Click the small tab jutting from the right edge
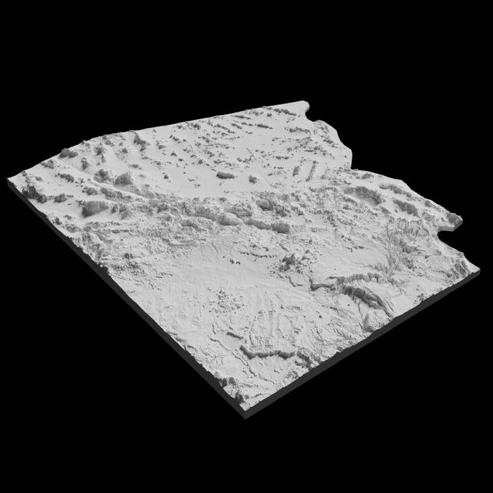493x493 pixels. tap(455, 220)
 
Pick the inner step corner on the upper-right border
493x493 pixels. tap(351, 166)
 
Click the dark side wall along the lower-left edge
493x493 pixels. tap(123, 301)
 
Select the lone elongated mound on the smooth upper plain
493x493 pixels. tap(225, 175)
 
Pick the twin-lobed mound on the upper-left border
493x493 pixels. tap(68, 153)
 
